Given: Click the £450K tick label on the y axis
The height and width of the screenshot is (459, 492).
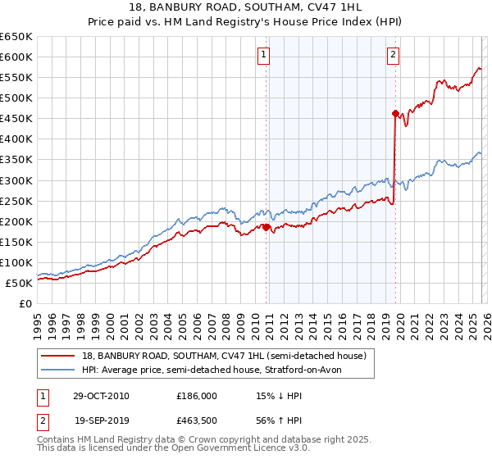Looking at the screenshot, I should click(16, 118).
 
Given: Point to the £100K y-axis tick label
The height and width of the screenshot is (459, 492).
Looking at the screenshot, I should click(16, 262).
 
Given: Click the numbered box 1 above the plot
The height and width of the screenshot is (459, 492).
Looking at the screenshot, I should click(264, 55).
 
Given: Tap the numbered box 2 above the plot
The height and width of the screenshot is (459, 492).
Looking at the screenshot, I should click(394, 55).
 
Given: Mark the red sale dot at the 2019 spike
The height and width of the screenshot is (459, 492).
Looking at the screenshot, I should click(395, 113).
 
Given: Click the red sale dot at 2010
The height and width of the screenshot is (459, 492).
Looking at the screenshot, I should click(266, 227).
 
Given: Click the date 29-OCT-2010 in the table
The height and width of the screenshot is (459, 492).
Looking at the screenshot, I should click(101, 396).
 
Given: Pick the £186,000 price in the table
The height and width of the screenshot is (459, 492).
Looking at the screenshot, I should click(197, 396).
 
